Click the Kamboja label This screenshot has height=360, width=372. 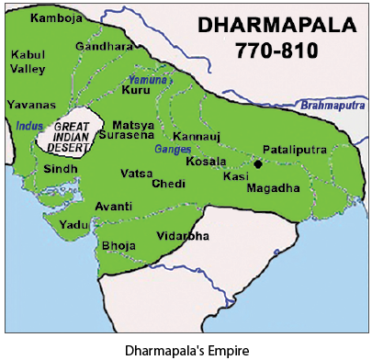[52, 17]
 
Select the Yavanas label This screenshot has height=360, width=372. [28, 105]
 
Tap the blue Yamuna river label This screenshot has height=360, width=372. [142, 80]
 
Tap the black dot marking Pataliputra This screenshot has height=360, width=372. [258, 163]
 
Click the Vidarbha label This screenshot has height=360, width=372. [183, 236]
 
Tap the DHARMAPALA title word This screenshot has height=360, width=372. [265, 27]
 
